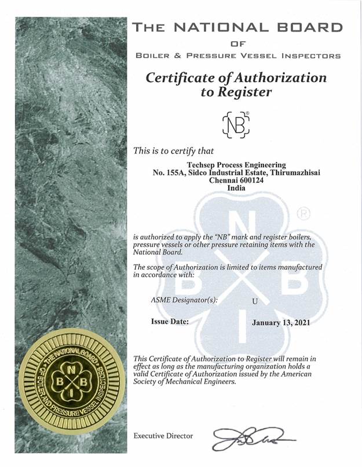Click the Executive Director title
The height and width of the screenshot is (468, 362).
point(163,436)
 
